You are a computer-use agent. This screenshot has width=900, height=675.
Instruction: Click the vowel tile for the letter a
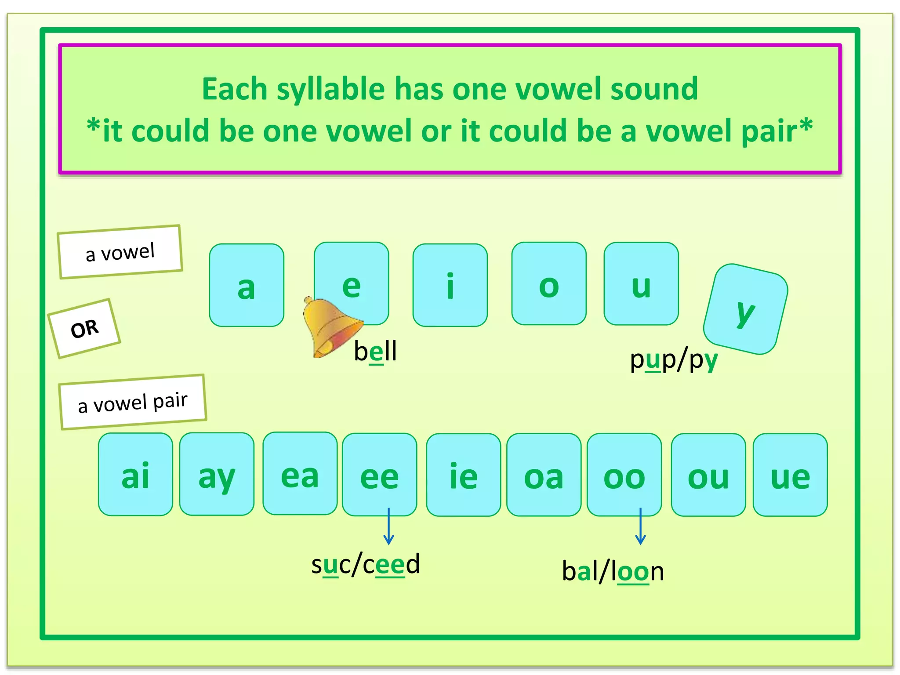(x=247, y=285)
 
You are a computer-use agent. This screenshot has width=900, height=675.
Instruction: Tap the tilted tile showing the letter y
(x=746, y=309)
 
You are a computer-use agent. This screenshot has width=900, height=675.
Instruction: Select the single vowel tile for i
(x=450, y=285)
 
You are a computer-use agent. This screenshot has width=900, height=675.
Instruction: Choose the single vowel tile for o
(x=549, y=283)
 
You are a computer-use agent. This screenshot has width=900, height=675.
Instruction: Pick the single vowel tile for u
(x=641, y=283)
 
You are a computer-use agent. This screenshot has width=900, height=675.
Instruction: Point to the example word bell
(x=376, y=351)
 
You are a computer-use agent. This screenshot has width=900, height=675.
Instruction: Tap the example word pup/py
(x=674, y=360)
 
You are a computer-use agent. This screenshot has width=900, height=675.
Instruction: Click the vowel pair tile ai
(x=136, y=475)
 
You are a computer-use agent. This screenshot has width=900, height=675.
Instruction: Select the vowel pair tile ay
(x=217, y=474)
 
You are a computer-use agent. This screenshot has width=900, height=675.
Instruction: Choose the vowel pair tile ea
(x=300, y=474)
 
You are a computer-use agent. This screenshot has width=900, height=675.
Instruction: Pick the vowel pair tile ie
(x=463, y=475)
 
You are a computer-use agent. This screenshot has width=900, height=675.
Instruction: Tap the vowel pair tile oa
(x=544, y=475)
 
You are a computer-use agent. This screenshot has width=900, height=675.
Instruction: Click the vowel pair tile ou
(x=708, y=475)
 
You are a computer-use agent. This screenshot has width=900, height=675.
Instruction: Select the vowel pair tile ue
(x=790, y=475)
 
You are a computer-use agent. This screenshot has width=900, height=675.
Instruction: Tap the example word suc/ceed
(x=366, y=564)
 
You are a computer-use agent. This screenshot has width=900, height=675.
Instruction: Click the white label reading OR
(x=84, y=329)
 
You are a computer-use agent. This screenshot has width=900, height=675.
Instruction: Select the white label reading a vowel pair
(x=133, y=402)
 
